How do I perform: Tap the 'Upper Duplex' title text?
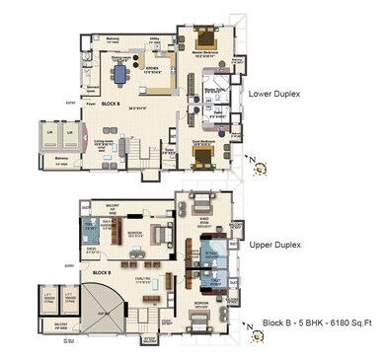coord(275,243)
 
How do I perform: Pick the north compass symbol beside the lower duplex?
coord(259,168)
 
